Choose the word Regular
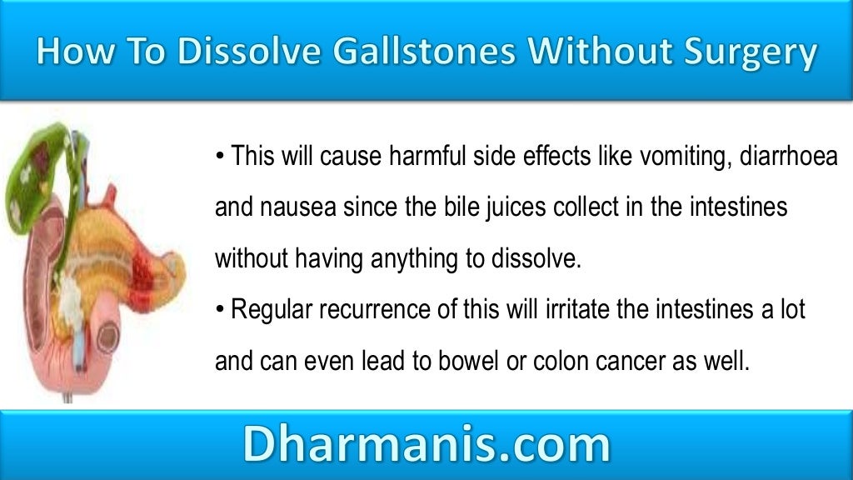pyautogui.click(x=267, y=311)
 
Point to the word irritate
pyautogui.click(x=551, y=311)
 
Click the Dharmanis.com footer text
pyautogui.click(x=426, y=445)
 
